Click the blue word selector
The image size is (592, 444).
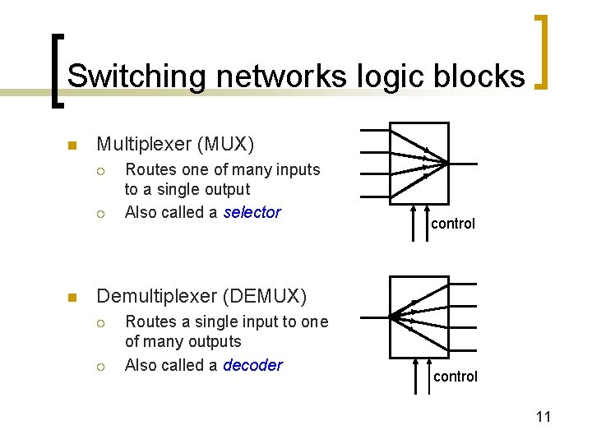click(x=252, y=212)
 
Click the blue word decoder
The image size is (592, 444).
click(x=252, y=365)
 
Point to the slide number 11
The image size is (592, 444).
click(x=543, y=417)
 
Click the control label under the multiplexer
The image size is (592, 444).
click(x=453, y=224)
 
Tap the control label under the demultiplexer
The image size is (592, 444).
click(x=455, y=377)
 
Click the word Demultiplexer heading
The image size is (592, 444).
click(x=154, y=296)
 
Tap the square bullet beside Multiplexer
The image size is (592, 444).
click(x=72, y=146)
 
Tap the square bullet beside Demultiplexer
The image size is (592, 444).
click(x=72, y=298)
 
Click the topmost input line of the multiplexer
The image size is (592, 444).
click(x=374, y=129)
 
